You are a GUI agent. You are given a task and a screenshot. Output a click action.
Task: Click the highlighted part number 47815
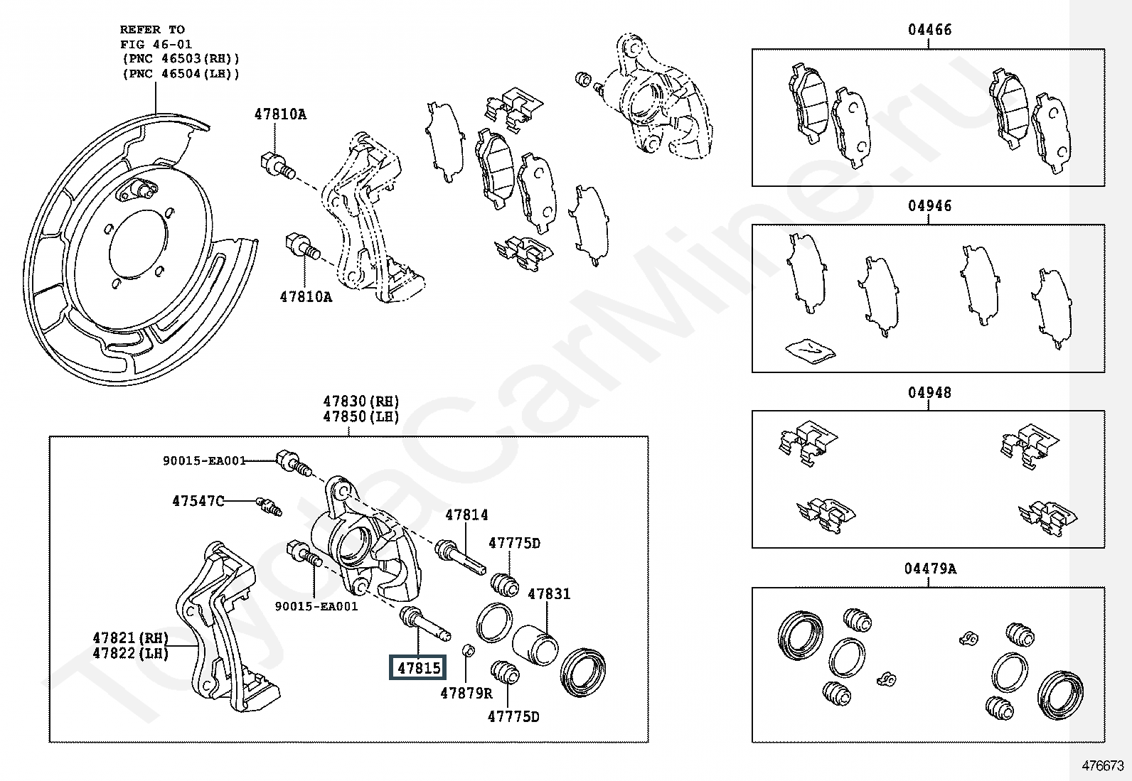pyautogui.click(x=418, y=667)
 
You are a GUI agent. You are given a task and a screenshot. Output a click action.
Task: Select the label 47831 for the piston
pyautogui.click(x=549, y=593)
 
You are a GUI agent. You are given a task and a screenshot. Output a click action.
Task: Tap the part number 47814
pyautogui.click(x=466, y=515)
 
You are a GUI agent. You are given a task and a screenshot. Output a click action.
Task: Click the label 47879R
pyautogui.click(x=466, y=693)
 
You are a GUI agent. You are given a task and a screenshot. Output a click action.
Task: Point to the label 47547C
pyautogui.click(x=198, y=501)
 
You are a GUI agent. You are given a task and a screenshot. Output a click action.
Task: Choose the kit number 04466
pyautogui.click(x=929, y=30)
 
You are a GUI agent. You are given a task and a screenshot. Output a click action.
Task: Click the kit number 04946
pyautogui.click(x=929, y=206)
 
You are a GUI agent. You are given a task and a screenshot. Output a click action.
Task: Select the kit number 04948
pyautogui.click(x=929, y=392)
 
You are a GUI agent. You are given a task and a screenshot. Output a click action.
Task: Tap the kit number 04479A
pyautogui.click(x=930, y=569)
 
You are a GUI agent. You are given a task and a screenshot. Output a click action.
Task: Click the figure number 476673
pyautogui.click(x=1103, y=765)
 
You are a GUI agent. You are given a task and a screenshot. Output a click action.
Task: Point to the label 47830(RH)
pyautogui.click(x=361, y=401)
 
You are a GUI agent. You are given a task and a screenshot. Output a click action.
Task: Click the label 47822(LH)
pyautogui.click(x=131, y=653)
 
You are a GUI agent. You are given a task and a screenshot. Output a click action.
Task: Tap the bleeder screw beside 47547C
pyautogui.click(x=269, y=505)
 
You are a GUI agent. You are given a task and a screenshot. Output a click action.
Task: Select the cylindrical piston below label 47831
pyautogui.click(x=535, y=644)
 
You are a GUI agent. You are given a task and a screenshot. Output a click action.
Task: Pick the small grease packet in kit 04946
pyautogui.click(x=810, y=349)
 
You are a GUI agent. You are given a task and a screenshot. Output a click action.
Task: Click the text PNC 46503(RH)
pyautogui.click(x=181, y=58)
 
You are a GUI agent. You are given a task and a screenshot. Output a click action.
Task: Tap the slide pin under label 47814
pyautogui.click(x=461, y=556)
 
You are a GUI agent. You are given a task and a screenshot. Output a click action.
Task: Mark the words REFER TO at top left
pyautogui.click(x=152, y=29)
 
